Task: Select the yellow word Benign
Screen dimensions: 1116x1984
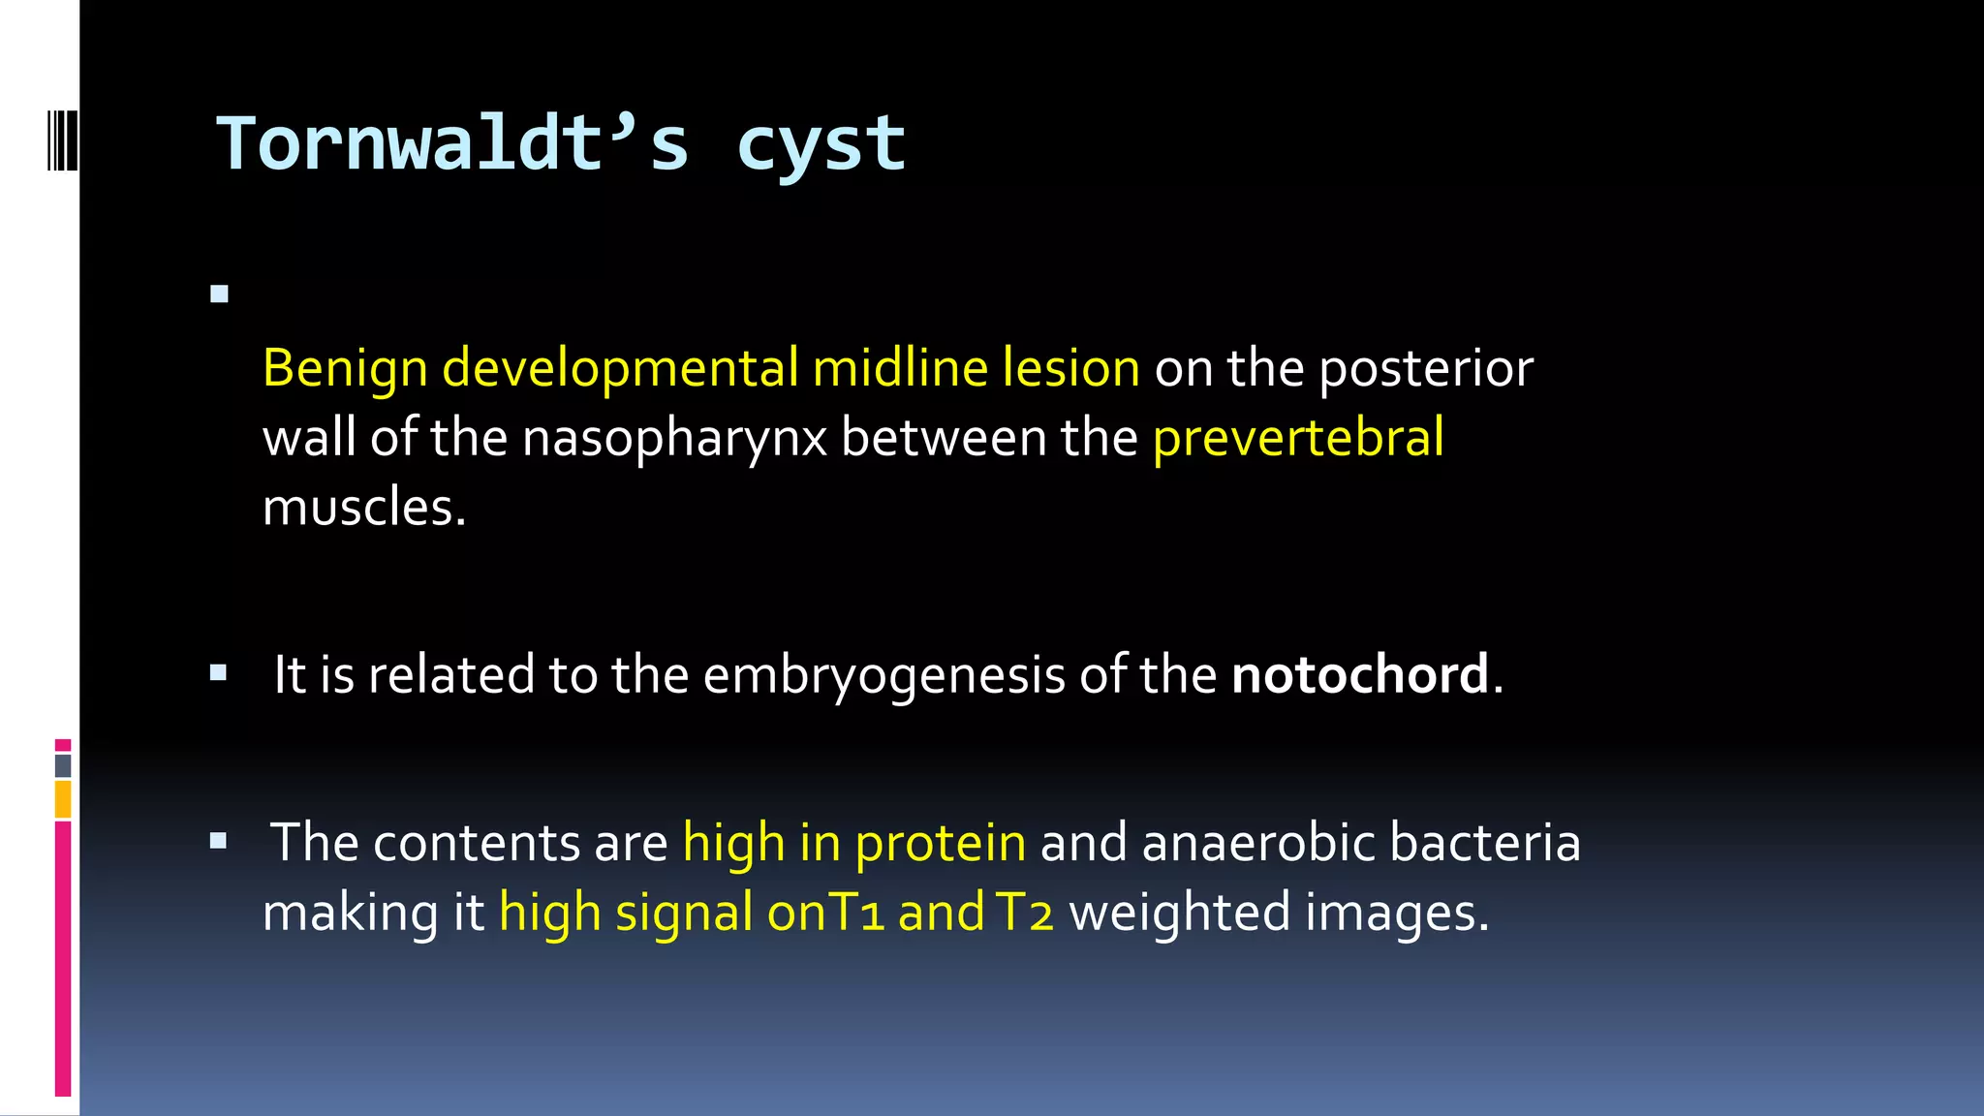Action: click(x=345, y=370)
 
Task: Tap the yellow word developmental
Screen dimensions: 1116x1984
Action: click(x=620, y=368)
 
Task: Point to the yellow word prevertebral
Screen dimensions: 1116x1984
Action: click(x=1298, y=438)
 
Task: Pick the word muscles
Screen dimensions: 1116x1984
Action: click(x=364, y=508)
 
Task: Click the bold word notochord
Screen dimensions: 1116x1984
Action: click(x=1360, y=674)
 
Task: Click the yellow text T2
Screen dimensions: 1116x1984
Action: click(x=1024, y=913)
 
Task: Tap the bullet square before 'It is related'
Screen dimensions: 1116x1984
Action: click(x=219, y=672)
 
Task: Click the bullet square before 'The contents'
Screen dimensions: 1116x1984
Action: click(x=219, y=841)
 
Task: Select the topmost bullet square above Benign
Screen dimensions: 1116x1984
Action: click(x=219, y=294)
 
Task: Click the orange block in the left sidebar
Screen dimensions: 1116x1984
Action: click(x=63, y=799)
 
